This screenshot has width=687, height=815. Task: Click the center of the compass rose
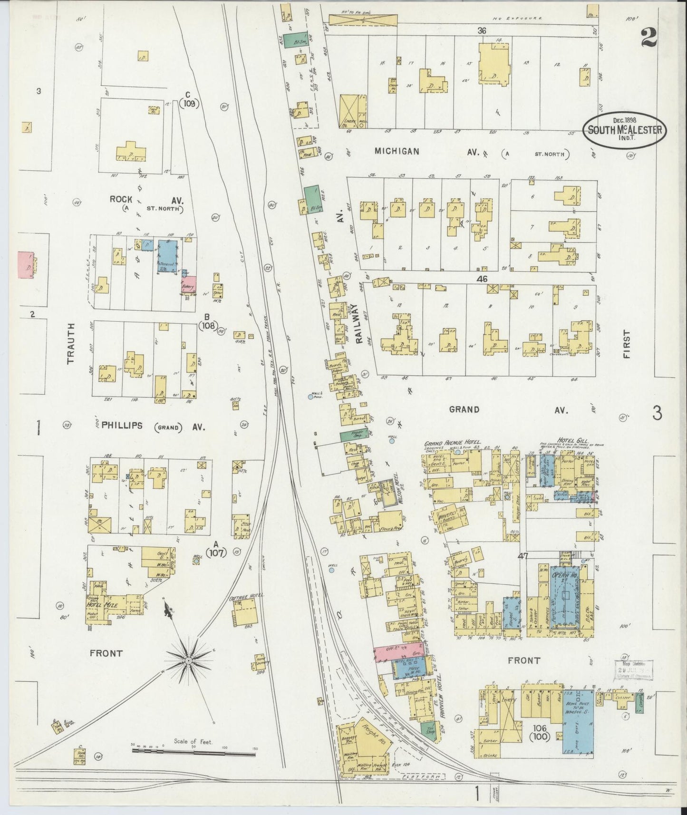[189, 661]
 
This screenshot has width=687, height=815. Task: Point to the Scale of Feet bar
[194, 751]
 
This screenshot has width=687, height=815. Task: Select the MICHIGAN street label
[397, 151]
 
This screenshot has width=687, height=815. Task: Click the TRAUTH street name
[71, 343]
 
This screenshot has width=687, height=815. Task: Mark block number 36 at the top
[482, 31]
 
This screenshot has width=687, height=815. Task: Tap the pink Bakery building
[188, 285]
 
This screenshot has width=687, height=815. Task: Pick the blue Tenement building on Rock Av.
[167, 256]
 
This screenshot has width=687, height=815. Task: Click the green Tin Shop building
[428, 730]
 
